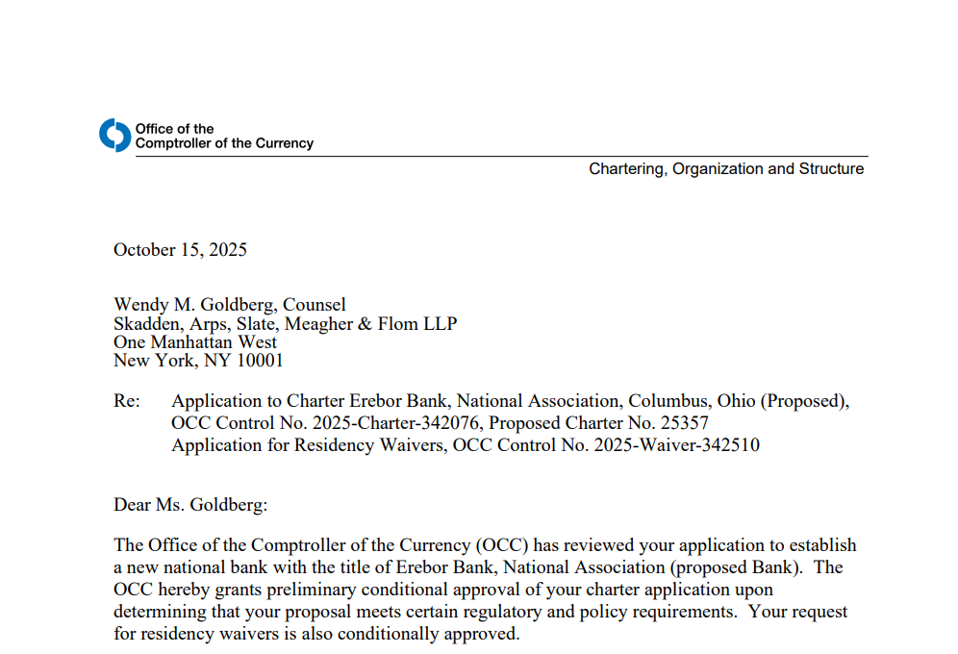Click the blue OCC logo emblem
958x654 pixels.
(114, 136)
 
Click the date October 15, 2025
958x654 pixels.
(180, 250)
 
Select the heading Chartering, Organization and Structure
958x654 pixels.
(726, 169)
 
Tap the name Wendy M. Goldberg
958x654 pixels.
(192, 305)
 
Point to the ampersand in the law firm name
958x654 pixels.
(365, 324)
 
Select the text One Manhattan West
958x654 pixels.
(195, 342)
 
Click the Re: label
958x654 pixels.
(126, 401)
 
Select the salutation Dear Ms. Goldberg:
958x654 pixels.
(189, 505)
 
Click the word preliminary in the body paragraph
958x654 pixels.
(304, 590)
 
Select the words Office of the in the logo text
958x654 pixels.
(174, 129)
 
